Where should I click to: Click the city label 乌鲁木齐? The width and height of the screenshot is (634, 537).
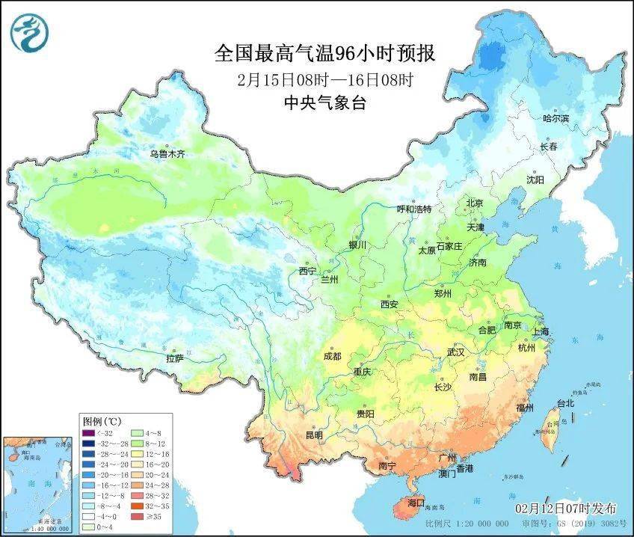pos(166,154)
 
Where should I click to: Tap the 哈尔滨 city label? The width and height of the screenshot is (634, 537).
pos(555,118)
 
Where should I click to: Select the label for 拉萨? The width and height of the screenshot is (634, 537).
pos(175,358)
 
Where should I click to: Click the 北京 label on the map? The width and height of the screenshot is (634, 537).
pos(475,203)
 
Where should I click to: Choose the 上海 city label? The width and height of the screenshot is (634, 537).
pos(540,331)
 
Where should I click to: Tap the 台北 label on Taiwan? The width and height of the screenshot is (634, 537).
pos(565,403)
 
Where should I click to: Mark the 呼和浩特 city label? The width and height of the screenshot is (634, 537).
pos(413,209)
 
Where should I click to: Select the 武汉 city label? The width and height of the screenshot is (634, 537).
pos(455,352)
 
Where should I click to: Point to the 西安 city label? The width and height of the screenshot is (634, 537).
pos(389,304)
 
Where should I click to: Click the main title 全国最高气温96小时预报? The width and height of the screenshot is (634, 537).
pos(324,54)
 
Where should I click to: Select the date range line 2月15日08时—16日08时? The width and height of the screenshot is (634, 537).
pos(324,79)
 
